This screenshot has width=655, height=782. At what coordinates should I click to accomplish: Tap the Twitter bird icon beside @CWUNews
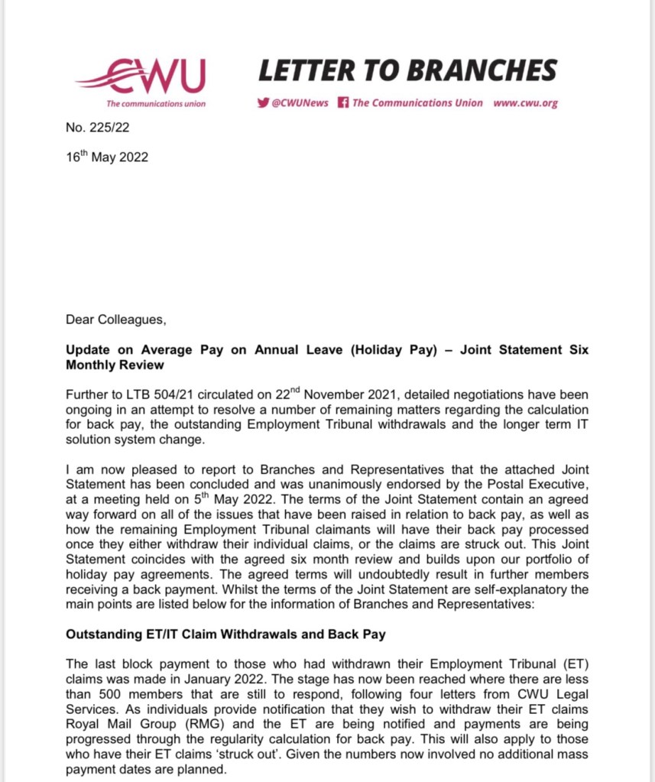click(263, 103)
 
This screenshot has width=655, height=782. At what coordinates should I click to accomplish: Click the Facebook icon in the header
click(343, 103)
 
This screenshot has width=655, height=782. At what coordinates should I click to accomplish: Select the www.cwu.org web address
click(526, 103)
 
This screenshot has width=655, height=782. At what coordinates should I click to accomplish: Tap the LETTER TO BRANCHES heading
click(407, 72)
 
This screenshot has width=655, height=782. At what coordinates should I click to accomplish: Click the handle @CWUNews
click(300, 103)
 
